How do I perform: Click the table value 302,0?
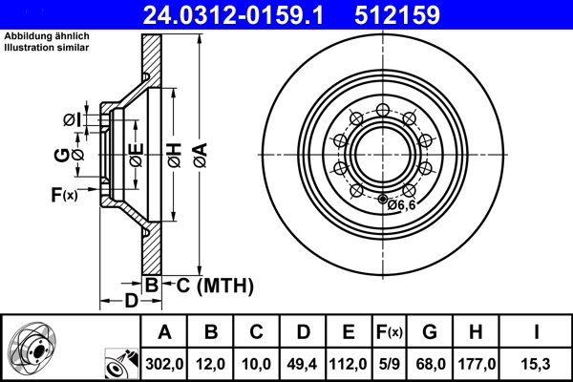click(x=164, y=363)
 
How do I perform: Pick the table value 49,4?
click(x=303, y=363)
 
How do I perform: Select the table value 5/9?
click(x=388, y=363)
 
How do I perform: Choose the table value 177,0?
click(x=475, y=363)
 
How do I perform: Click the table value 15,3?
click(x=537, y=363)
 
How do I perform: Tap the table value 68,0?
click(x=430, y=363)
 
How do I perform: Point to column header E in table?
click(x=349, y=332)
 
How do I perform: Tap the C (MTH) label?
click(x=207, y=284)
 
